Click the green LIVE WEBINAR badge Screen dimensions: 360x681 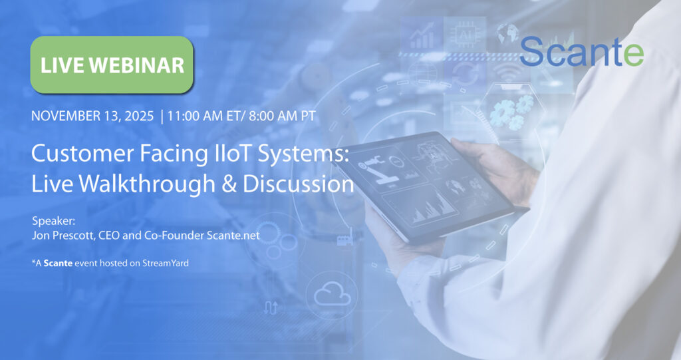click(x=112, y=65)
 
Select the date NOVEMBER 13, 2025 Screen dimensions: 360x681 click(x=92, y=116)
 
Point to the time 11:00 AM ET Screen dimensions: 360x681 click(x=207, y=116)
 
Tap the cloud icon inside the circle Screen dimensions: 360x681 click(x=333, y=293)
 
